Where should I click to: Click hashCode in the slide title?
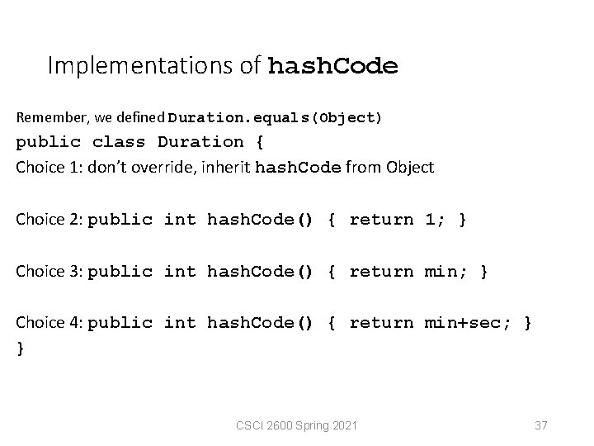click(x=333, y=66)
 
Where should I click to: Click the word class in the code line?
click(x=119, y=142)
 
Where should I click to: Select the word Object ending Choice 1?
click(x=408, y=167)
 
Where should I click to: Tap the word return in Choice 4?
click(x=381, y=323)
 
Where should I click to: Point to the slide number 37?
click(x=541, y=425)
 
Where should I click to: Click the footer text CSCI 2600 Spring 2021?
click(x=296, y=425)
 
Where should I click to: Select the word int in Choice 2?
click(x=180, y=220)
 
